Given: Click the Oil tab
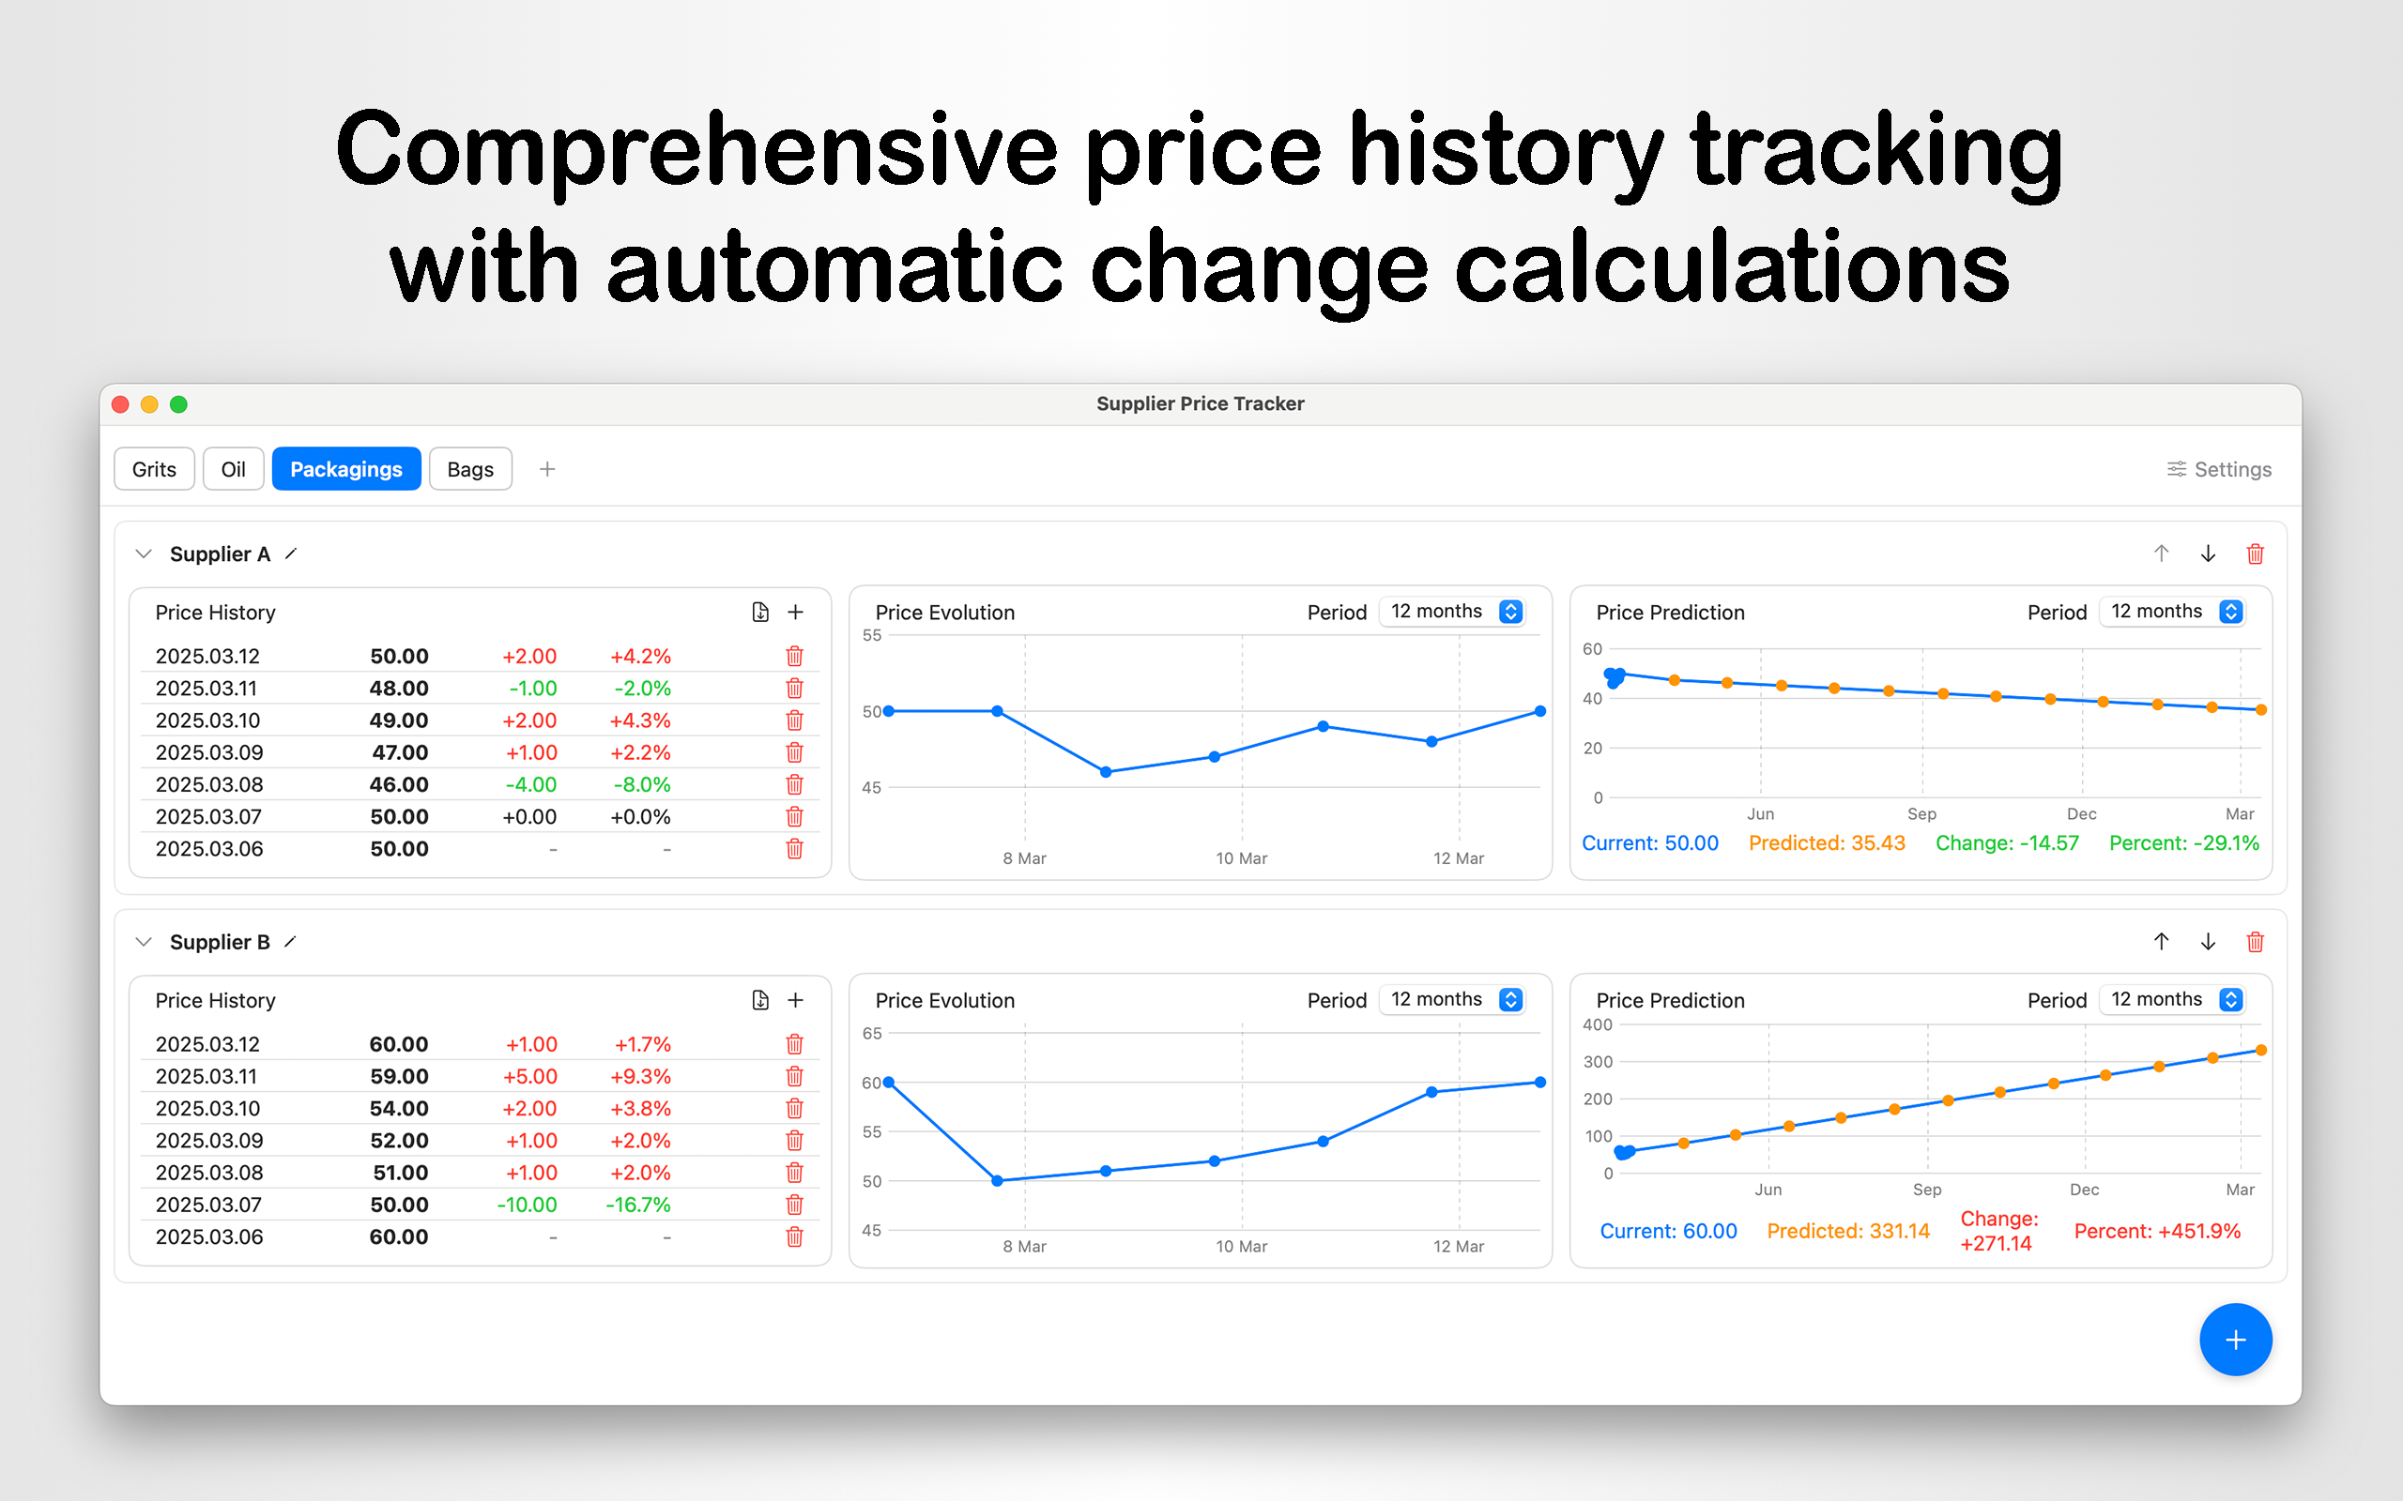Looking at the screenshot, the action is coord(234,468).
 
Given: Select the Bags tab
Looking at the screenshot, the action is coord(469,468).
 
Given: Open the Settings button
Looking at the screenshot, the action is coord(2218,468).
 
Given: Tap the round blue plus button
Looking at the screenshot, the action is coord(2235,1341).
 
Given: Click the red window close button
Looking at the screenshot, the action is coord(121,404).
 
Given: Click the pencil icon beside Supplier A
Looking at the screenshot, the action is coord(291,553).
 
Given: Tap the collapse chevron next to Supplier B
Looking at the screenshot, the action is coord(144,942).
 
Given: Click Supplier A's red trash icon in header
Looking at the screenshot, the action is coord(2255,553).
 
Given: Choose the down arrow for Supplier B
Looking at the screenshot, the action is coord(2209,942).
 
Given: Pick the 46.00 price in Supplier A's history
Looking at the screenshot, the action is coord(399,784).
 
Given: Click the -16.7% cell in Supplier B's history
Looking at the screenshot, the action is coord(638,1205).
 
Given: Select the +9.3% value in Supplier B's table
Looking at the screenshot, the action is coord(640,1076).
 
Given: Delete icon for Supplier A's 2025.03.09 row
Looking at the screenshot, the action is coord(794,752).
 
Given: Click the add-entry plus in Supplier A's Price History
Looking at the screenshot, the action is coord(795,613).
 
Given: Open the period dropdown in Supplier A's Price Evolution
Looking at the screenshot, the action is coord(1453,612).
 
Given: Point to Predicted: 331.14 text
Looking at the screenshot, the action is coord(1848,1231).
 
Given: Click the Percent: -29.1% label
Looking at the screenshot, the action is coord(2183,842).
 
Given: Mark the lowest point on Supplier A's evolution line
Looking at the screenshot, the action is coord(1106,772).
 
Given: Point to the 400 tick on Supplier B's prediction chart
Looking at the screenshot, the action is coord(1598,1024).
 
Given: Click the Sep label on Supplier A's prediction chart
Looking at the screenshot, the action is coord(1921,814).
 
